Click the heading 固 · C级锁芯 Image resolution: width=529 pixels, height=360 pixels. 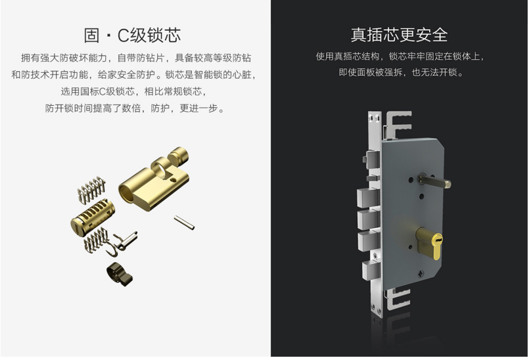[x=132, y=35]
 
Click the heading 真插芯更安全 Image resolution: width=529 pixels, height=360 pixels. [x=399, y=35]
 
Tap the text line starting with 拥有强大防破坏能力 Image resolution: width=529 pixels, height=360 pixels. [x=136, y=58]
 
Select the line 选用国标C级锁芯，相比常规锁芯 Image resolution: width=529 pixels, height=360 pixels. [x=134, y=91]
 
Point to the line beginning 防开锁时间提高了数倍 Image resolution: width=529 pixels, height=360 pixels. [x=135, y=108]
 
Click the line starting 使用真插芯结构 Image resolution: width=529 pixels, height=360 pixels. [x=400, y=56]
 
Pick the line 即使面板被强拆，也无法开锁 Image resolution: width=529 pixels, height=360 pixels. [x=401, y=72]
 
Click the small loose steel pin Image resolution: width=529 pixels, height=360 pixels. [x=184, y=223]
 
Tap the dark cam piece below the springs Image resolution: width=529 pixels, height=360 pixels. [x=120, y=274]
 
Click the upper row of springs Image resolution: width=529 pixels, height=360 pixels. [x=91, y=189]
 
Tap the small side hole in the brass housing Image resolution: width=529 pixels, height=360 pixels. [x=173, y=179]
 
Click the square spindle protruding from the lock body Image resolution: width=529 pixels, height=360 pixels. [x=434, y=181]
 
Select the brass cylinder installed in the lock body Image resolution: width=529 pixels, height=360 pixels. [x=429, y=242]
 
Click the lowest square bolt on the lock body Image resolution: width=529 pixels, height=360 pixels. [x=371, y=270]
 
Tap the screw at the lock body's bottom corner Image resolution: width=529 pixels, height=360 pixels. [x=420, y=274]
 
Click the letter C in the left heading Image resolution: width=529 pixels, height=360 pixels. [x=123, y=35]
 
